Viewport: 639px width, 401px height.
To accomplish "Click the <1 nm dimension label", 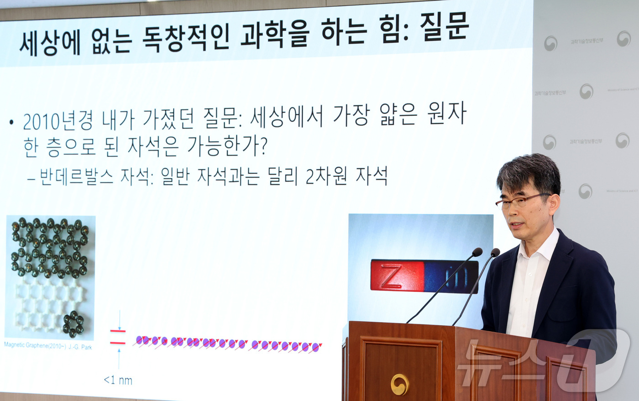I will point(118,380).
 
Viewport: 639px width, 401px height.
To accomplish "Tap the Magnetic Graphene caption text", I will point(48,346).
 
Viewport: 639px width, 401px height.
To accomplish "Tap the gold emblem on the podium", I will point(400,384).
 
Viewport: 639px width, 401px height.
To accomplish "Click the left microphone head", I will point(477,252).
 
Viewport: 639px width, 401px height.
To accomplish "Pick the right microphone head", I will point(495,252).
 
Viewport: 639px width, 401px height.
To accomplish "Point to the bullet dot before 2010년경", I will point(12,122).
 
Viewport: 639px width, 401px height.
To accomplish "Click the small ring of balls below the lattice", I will point(73,323).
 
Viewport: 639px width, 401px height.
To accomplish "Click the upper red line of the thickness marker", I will point(118,331).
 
